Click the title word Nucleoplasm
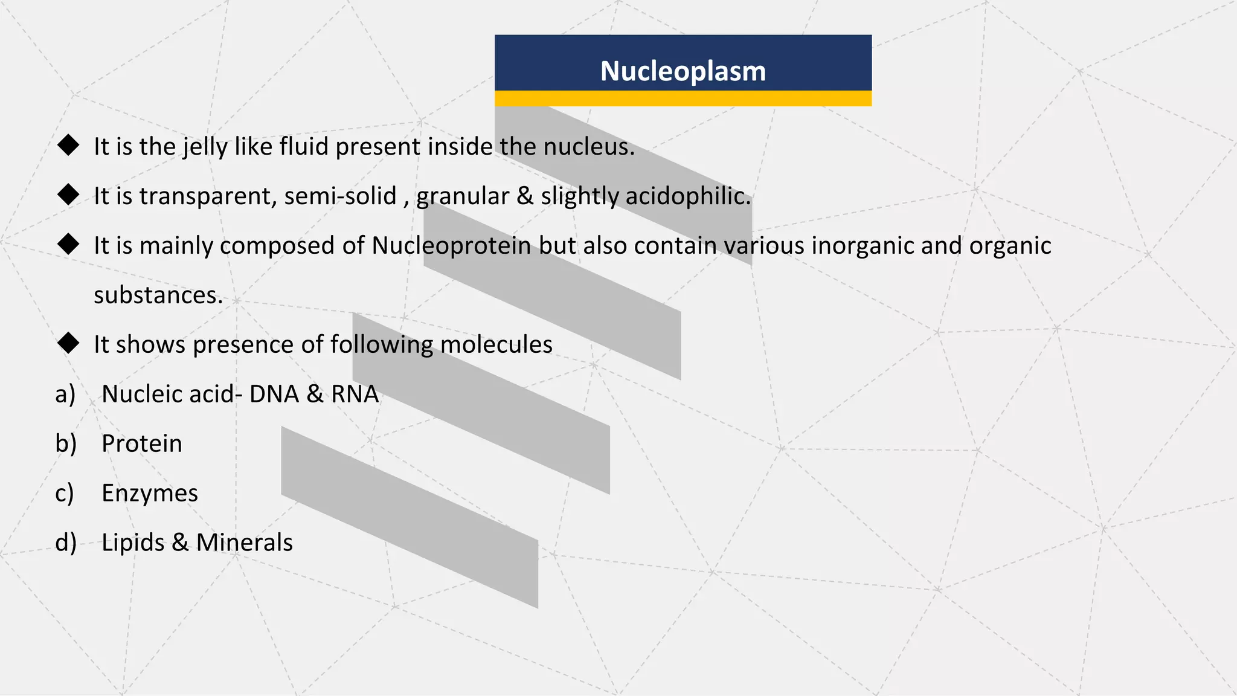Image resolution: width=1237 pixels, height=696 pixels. [x=683, y=71]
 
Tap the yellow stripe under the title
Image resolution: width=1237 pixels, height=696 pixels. [x=683, y=98]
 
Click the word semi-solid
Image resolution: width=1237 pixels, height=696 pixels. [x=340, y=196]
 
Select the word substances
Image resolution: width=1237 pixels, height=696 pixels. [x=158, y=295]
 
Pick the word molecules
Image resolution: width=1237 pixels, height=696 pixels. [x=496, y=345]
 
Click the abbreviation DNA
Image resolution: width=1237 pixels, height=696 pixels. [x=274, y=395]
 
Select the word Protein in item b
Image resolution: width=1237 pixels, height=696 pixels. [x=142, y=444]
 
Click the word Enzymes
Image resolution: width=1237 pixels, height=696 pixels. [x=150, y=494]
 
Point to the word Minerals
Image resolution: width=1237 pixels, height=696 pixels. [x=245, y=543]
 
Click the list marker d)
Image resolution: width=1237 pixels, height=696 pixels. [x=66, y=543]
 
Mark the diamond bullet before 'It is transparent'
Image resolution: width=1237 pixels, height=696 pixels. [x=68, y=195]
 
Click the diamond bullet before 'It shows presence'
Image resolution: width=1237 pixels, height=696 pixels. [x=68, y=343]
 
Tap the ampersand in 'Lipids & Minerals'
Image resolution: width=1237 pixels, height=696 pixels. [x=180, y=543]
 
